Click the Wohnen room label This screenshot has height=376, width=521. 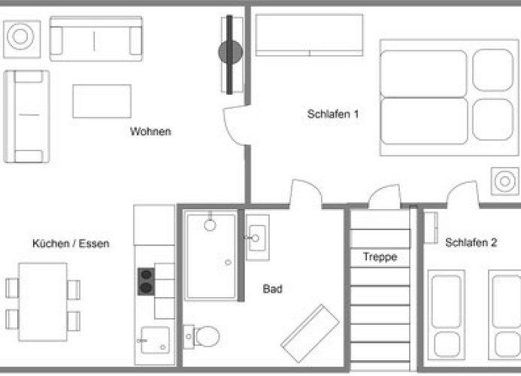150,132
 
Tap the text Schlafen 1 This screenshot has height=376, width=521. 333,114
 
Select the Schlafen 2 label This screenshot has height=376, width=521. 471,242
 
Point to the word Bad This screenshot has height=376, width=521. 272,289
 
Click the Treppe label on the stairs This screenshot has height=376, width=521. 380,256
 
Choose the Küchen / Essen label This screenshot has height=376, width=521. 71,244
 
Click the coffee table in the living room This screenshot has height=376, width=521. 101,101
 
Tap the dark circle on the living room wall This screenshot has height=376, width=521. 231,52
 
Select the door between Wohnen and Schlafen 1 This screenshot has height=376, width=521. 235,126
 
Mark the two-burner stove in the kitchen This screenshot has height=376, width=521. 146,280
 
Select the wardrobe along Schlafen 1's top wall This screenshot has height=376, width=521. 309,35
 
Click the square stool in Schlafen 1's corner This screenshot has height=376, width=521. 504,180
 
